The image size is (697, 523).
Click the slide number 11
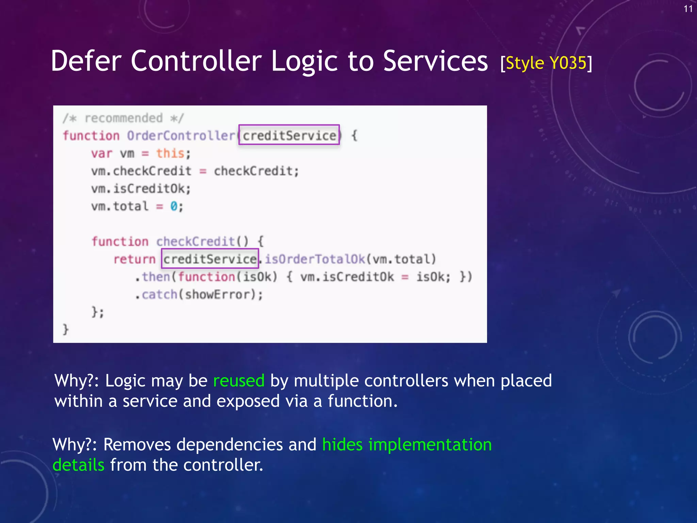(688, 9)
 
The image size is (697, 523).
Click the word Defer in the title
(86, 61)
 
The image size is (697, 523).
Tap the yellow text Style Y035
(546, 63)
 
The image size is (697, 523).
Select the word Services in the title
(435, 61)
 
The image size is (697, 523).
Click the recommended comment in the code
(123, 118)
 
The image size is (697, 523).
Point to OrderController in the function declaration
(181, 136)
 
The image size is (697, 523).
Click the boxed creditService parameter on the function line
(289, 136)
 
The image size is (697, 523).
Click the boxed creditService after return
(210, 259)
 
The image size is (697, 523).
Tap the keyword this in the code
(170, 154)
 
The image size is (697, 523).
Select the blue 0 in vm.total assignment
(174, 206)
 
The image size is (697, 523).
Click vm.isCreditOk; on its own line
(141, 189)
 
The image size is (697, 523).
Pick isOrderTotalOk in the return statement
(315, 259)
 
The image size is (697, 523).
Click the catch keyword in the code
(159, 295)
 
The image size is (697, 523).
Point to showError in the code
(218, 295)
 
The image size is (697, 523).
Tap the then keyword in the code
(156, 277)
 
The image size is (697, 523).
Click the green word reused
(239, 381)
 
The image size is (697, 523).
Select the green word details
(79, 465)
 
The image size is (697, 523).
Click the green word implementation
(430, 445)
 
